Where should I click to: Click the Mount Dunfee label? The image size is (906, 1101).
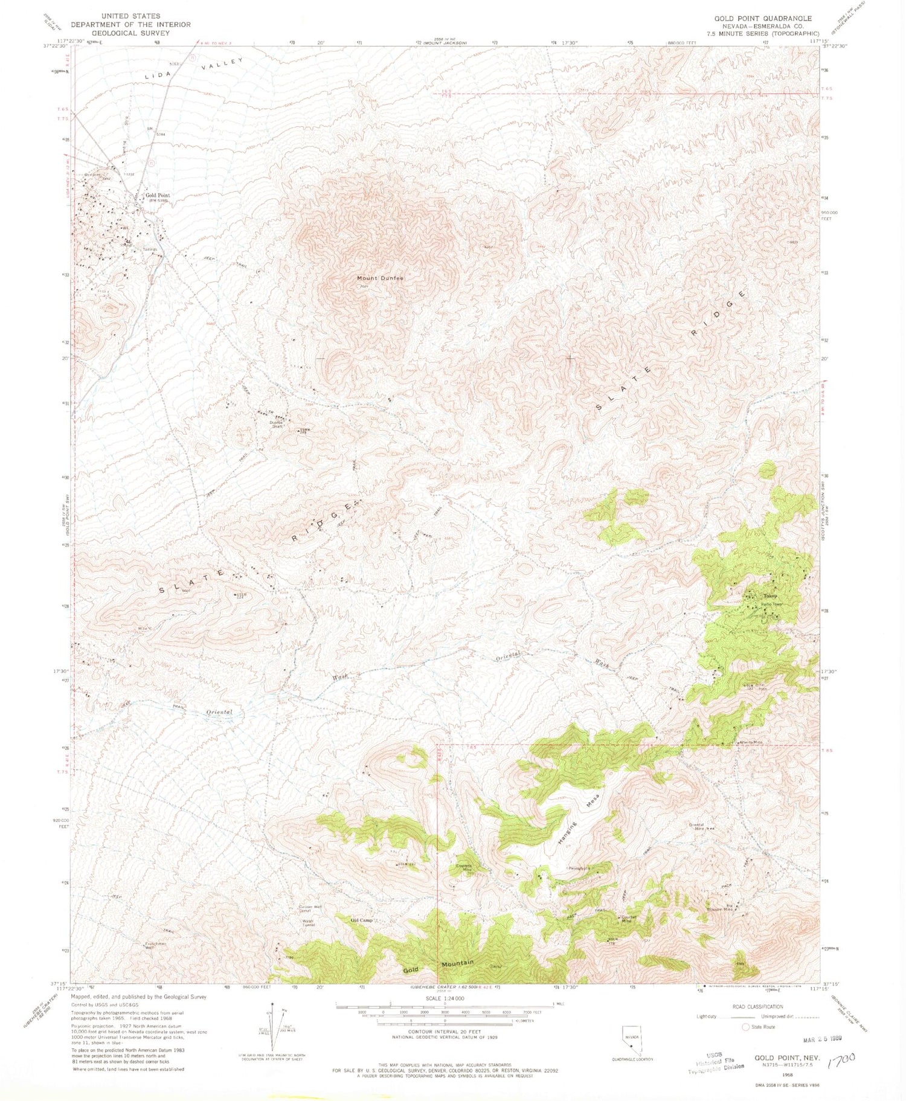tap(379, 278)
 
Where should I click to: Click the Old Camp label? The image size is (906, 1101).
tap(362, 920)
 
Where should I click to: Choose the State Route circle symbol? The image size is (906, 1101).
tap(745, 1027)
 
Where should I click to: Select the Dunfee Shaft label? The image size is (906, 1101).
tap(277, 424)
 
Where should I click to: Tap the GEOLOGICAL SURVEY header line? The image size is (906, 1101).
tap(130, 33)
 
